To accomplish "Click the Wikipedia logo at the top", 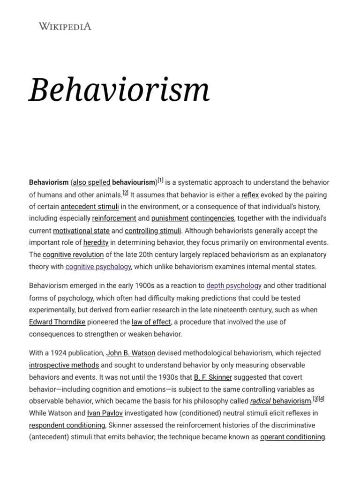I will (x=65, y=26).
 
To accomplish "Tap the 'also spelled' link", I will (x=91, y=182).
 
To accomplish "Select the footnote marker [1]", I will (x=160, y=180).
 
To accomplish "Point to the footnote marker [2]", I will (x=125, y=193).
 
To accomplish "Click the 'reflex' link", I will (x=250, y=195).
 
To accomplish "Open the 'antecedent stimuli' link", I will (x=90, y=207).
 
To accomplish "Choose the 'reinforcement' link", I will (x=114, y=218).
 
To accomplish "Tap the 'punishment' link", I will (x=170, y=218).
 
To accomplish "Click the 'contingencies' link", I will (x=212, y=218).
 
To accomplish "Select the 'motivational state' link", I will (x=81, y=231).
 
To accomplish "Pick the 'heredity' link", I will (x=96, y=243).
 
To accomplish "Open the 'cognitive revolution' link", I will (x=73, y=255).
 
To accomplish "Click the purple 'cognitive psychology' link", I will (x=98, y=267).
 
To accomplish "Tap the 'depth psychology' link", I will (x=234, y=286).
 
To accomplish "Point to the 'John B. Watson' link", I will (x=131, y=353).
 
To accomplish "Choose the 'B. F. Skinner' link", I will (x=213, y=377).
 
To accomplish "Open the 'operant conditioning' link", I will (x=292, y=437).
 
